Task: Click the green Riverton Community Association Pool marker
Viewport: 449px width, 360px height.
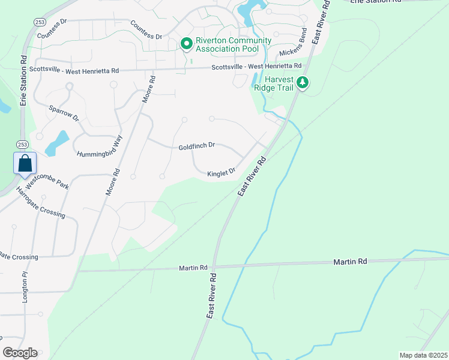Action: pyautogui.click(x=186, y=44)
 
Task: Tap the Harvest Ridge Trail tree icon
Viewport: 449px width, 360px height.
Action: pyautogui.click(x=304, y=83)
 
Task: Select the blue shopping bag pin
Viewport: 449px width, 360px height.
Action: pyautogui.click(x=25, y=164)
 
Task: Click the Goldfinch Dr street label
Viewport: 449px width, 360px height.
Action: pyautogui.click(x=196, y=146)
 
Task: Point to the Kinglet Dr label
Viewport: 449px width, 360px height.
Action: pyautogui.click(x=221, y=173)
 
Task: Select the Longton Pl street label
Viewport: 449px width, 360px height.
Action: pyautogui.click(x=25, y=286)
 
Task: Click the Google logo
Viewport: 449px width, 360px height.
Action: pyautogui.click(x=20, y=352)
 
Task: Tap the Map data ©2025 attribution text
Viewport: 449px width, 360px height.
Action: pyautogui.click(x=423, y=355)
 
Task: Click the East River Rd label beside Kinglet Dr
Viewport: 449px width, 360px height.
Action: pyautogui.click(x=252, y=176)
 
